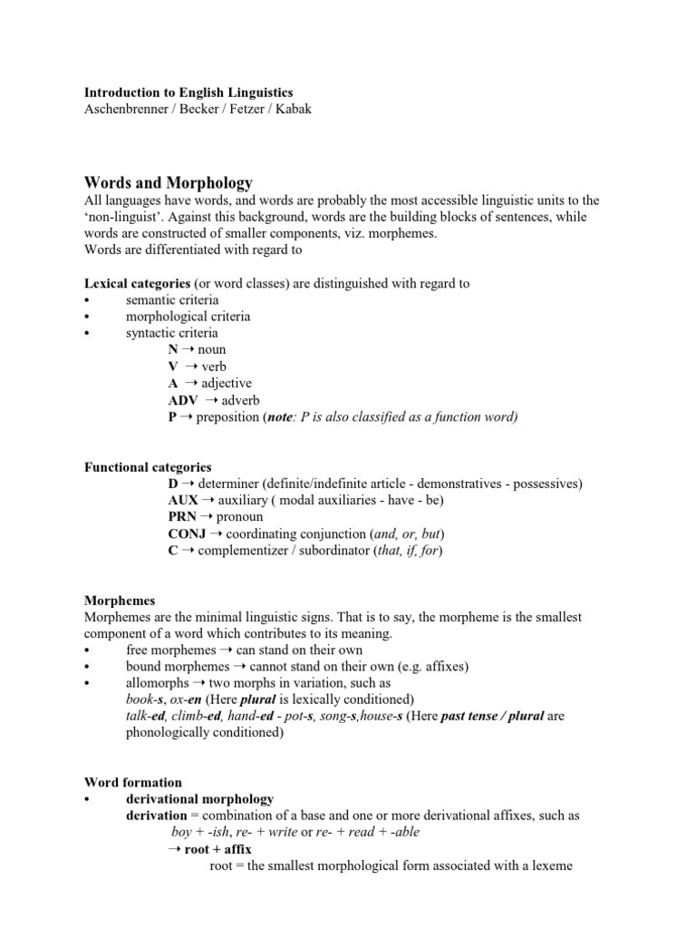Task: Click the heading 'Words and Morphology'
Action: tap(168, 182)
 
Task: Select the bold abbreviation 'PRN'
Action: tap(183, 517)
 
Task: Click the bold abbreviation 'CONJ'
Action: tap(188, 533)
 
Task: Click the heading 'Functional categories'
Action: tap(148, 467)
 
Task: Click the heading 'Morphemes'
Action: tap(120, 601)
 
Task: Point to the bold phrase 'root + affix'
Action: tap(217, 849)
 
